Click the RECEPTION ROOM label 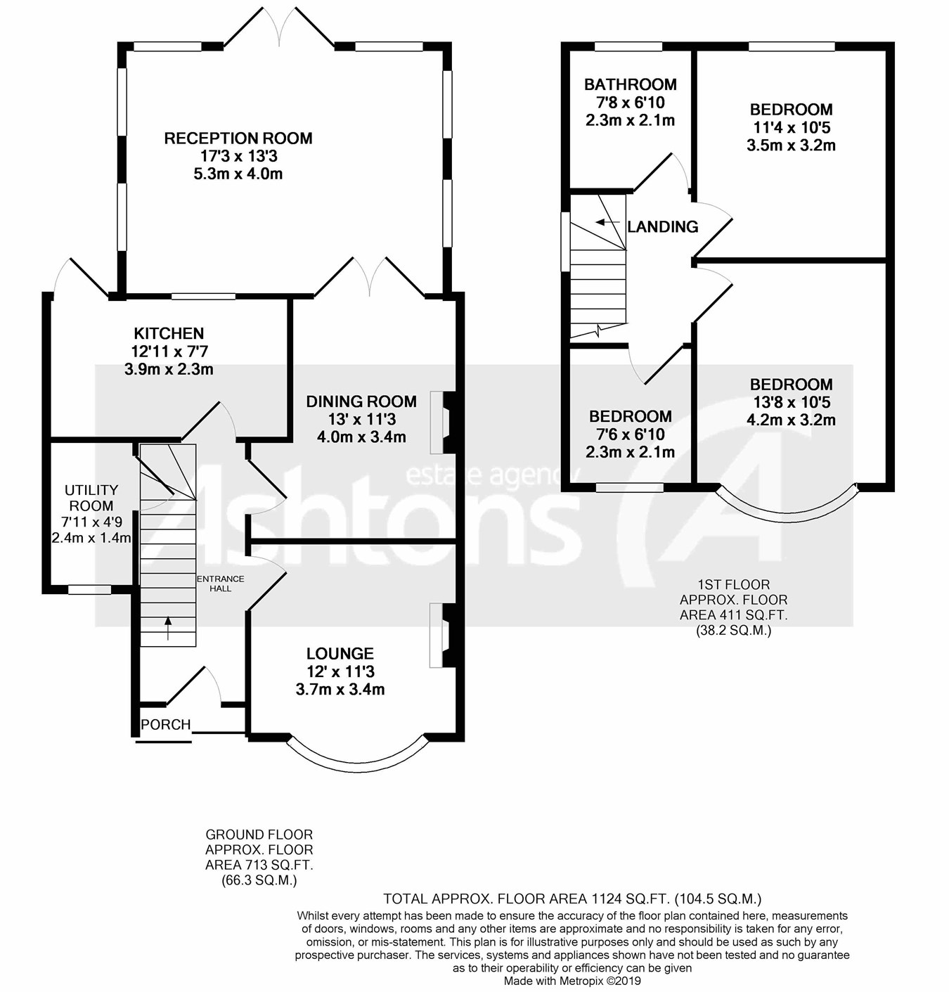(x=238, y=138)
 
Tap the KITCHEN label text (x=169, y=333)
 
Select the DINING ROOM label (x=361, y=401)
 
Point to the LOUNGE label (x=340, y=654)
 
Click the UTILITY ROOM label (x=91, y=498)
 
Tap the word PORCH (x=166, y=724)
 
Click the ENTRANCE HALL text (x=221, y=584)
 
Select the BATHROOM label (x=631, y=84)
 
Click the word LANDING (x=663, y=226)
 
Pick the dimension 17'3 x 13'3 (x=238, y=156)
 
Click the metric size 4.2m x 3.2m (x=791, y=420)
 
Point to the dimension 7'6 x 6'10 (x=631, y=434)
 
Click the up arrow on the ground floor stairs (x=168, y=628)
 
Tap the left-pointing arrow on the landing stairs (x=607, y=222)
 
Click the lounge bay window (x=357, y=763)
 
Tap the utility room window (x=90, y=590)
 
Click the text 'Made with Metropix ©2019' (x=572, y=981)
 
